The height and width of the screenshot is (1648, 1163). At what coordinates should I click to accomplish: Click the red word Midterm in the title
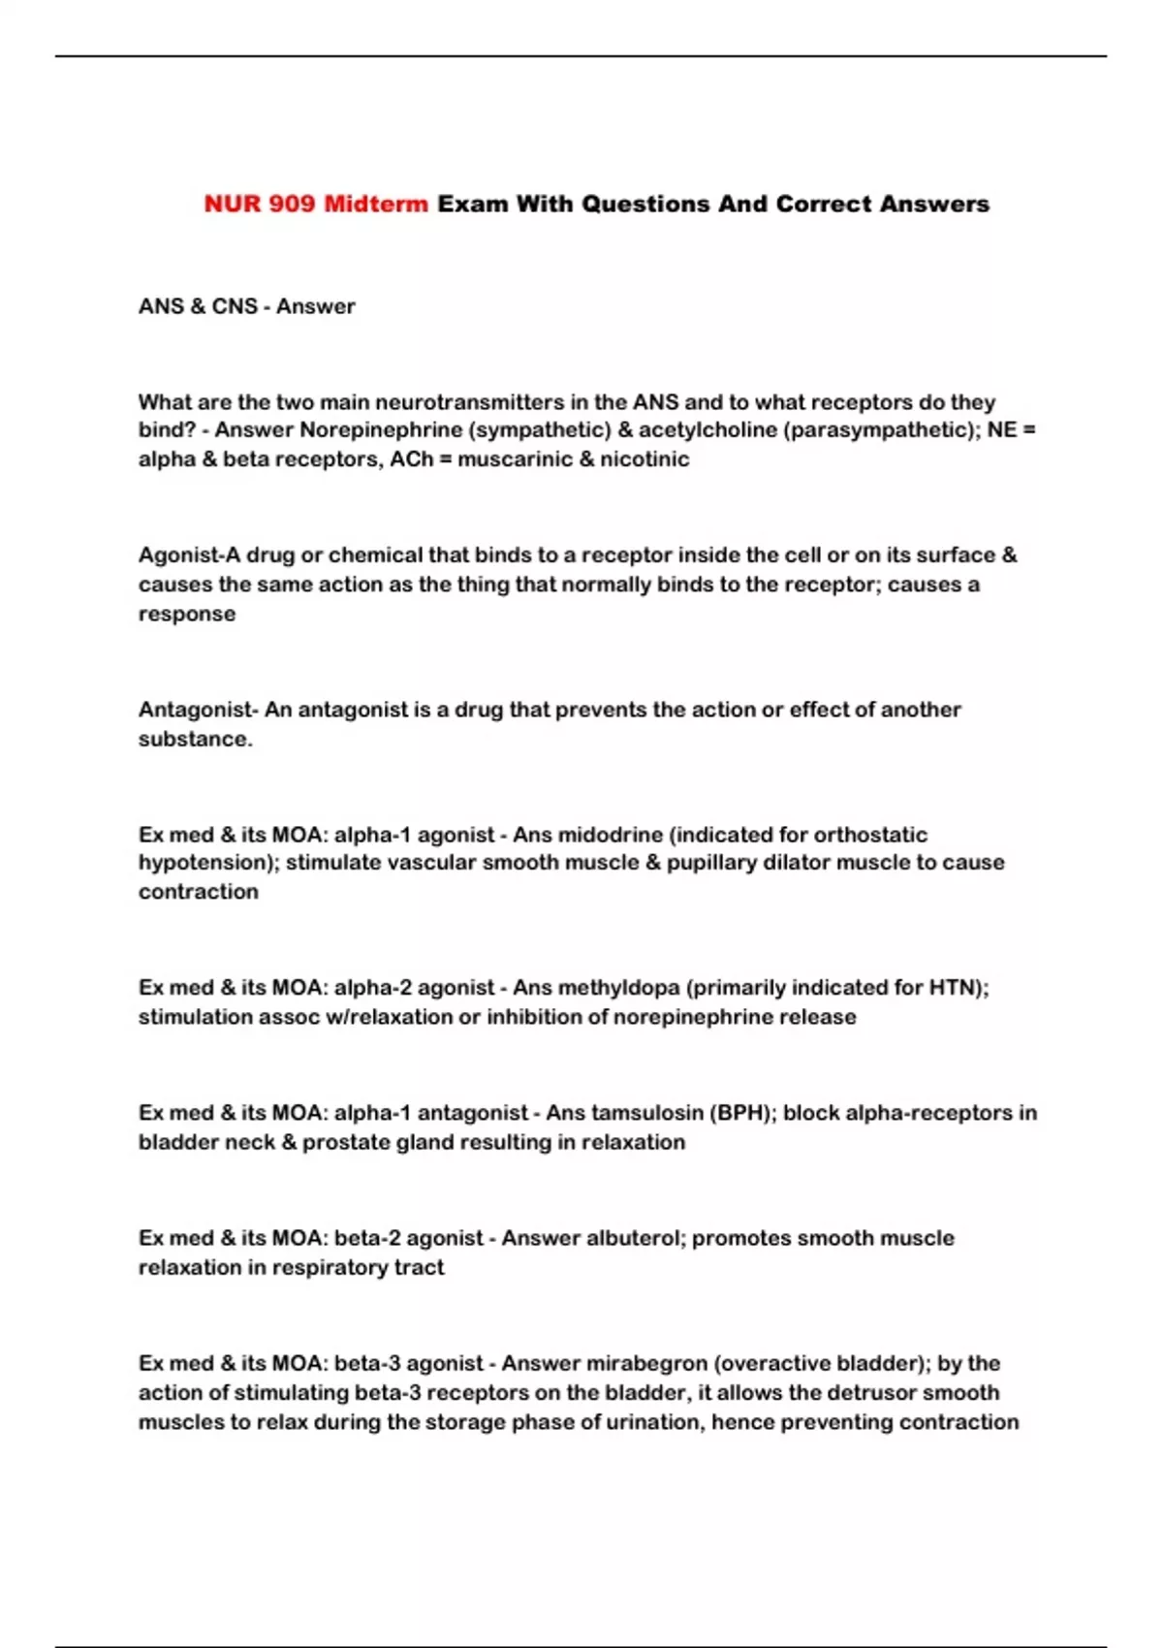[x=375, y=204]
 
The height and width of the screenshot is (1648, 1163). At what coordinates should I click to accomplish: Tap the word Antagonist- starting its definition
[x=198, y=709]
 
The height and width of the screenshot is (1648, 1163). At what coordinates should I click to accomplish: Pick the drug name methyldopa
[x=617, y=987]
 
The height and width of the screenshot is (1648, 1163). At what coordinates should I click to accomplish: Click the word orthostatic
[x=870, y=835]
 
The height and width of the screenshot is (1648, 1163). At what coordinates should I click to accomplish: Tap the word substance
[x=194, y=739]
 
